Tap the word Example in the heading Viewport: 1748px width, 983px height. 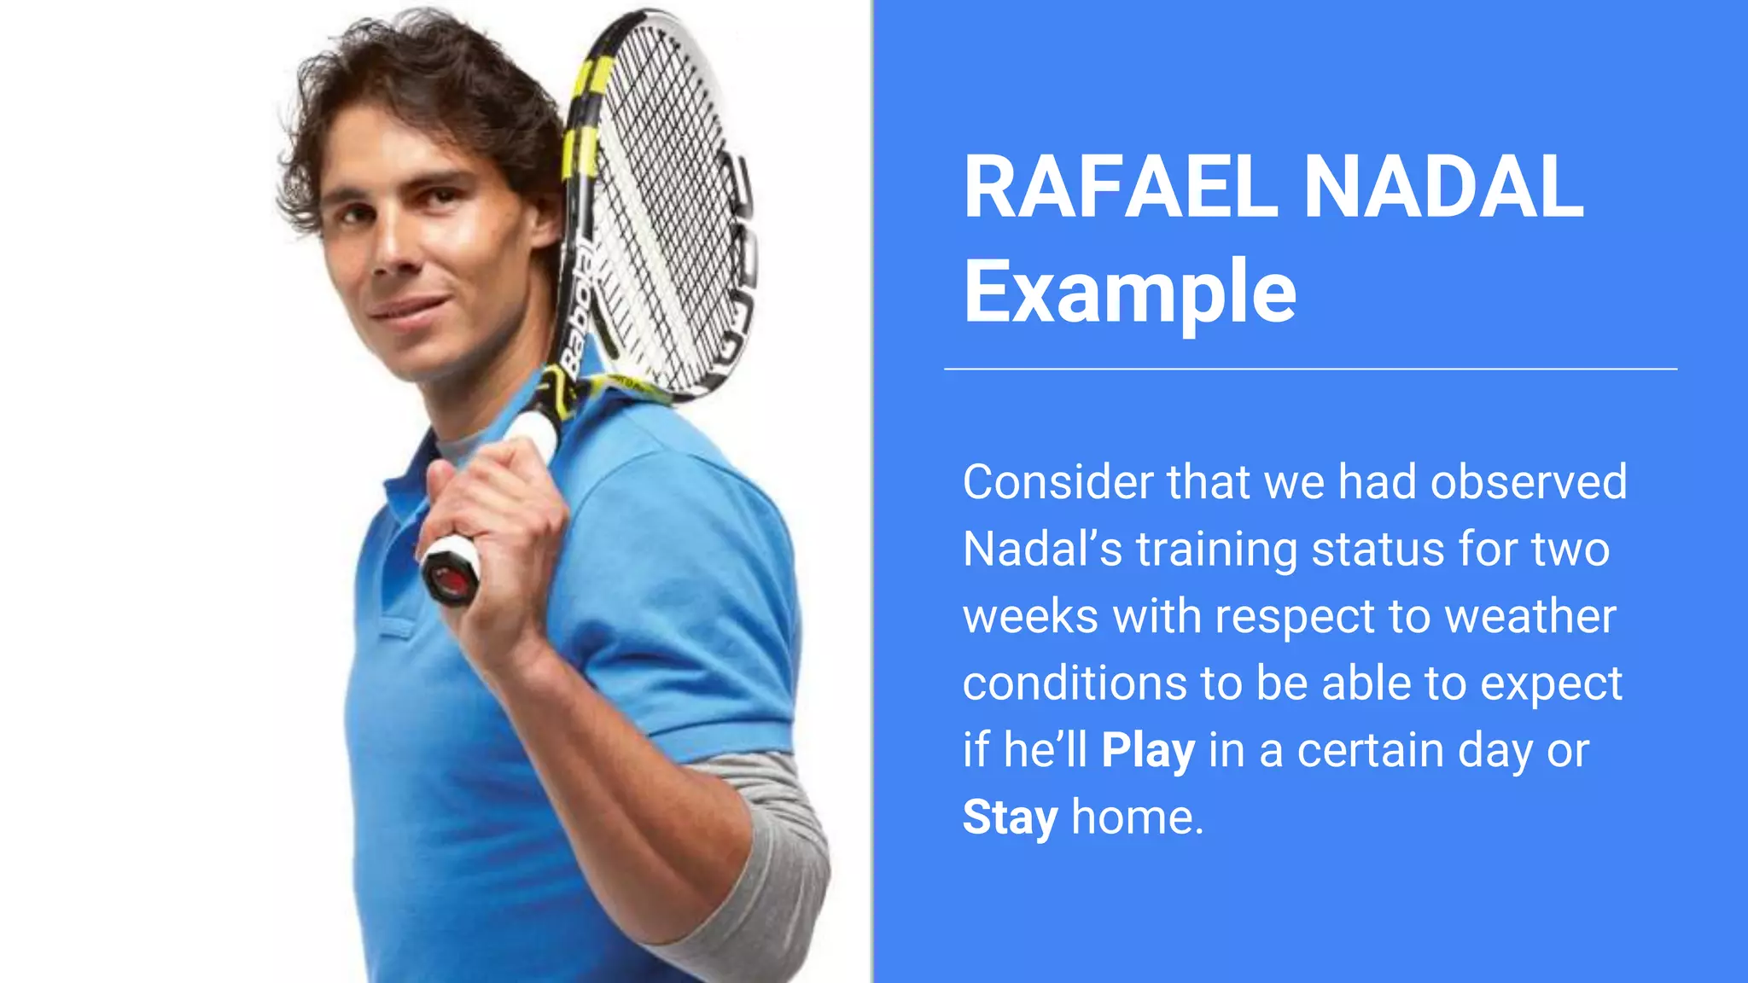pos(1129,292)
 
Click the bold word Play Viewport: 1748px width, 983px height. pos(1148,751)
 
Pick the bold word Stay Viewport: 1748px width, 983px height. pos(1010,817)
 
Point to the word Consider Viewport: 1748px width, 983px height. pos(1058,482)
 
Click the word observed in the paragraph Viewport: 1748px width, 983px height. pos(1529,482)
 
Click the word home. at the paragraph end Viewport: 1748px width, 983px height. pos(1137,817)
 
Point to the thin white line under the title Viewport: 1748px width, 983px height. pos(1310,369)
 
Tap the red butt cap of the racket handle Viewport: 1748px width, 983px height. pos(449,579)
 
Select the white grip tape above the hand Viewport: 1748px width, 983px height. pos(533,431)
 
